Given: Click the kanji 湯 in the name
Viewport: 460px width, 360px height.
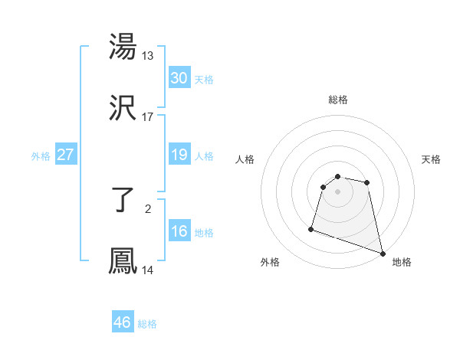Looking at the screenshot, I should tap(123, 47).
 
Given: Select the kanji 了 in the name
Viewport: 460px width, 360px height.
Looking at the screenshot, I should tap(123, 201).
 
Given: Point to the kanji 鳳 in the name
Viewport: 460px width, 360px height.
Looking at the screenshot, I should tap(123, 261).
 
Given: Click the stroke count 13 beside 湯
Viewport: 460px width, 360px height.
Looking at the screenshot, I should tap(148, 56).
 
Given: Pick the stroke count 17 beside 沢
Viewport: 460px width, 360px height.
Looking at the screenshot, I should tap(148, 117).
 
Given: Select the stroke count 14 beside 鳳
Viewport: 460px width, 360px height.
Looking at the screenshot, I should tap(148, 270).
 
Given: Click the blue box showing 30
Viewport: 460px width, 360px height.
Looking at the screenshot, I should tap(179, 77).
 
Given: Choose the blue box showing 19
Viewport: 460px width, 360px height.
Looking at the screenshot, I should tap(179, 155).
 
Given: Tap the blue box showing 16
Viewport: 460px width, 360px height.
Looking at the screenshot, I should tap(179, 231).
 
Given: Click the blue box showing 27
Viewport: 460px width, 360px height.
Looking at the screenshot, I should tap(65, 155).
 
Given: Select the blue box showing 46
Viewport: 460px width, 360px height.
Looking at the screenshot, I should tap(122, 322).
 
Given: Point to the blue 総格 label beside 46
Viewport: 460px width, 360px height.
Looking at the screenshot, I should tap(147, 324).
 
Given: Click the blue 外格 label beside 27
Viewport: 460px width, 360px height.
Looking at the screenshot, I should tap(41, 156).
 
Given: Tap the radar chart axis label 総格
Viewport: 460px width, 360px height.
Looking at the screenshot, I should tap(338, 100).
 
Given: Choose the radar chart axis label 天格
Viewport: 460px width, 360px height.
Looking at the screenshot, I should tap(432, 159).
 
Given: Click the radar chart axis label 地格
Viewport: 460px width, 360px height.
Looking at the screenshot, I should tap(402, 262).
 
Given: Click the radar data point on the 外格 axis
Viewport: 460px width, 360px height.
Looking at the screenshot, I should tap(311, 228).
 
